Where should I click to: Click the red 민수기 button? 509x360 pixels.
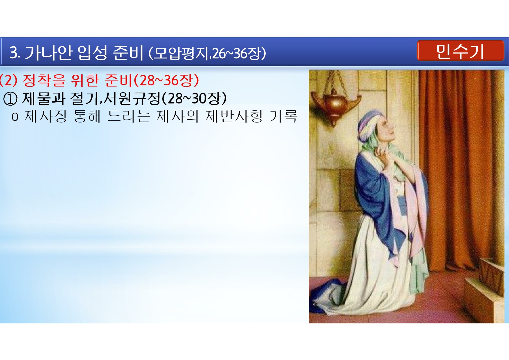pyautogui.click(x=460, y=51)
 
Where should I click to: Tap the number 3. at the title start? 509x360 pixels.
pyautogui.click(x=14, y=53)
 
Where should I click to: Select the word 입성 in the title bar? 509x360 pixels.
pyautogui.click(x=92, y=53)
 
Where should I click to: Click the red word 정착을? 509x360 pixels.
pyautogui.click(x=44, y=80)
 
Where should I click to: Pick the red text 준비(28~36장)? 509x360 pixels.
pyautogui.click(x=152, y=80)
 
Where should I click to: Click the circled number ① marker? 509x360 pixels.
pyautogui.click(x=10, y=99)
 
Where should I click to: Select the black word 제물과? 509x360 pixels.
pyautogui.click(x=44, y=99)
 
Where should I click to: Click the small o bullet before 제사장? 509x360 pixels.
pyautogui.click(x=15, y=117)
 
